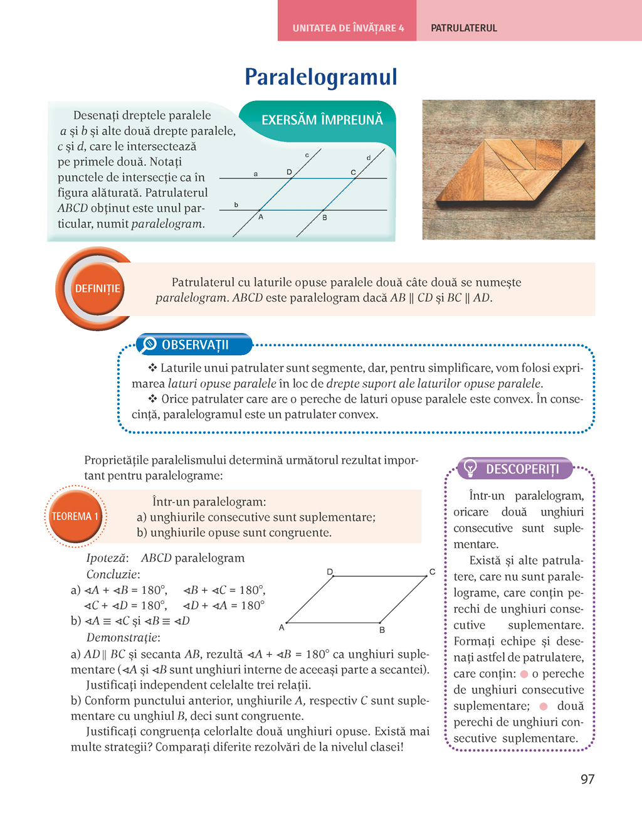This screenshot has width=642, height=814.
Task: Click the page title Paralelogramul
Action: (321, 77)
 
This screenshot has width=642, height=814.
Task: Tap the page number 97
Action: (587, 779)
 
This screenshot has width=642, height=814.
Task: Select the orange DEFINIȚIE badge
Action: (97, 289)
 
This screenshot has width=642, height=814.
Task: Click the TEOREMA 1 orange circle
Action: (75, 516)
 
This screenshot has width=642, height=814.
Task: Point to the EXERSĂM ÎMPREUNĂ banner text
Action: (322, 120)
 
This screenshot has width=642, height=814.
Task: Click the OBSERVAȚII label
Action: (195, 345)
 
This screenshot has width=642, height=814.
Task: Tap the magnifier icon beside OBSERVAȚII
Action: (149, 344)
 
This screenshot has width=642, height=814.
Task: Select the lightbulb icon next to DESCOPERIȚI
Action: (470, 468)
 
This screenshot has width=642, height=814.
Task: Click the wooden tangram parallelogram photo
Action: (508, 169)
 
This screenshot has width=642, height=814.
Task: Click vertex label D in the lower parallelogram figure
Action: (330, 571)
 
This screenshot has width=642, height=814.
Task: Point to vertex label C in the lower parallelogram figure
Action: (432, 571)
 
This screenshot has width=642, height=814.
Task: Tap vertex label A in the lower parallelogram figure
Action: (282, 627)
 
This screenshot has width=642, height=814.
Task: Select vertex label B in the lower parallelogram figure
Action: (382, 630)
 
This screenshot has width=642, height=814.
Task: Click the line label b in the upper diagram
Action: (236, 204)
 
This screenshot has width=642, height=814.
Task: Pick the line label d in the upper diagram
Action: (369, 157)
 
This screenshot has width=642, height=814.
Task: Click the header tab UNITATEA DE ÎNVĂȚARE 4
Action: (348, 28)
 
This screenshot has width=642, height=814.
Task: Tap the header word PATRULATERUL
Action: (464, 28)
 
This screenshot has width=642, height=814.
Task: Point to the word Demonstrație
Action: (123, 638)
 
